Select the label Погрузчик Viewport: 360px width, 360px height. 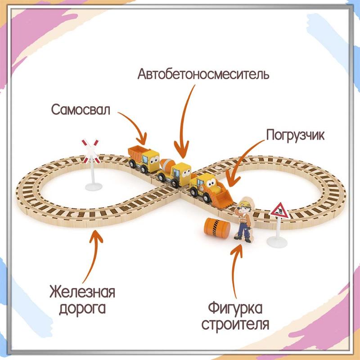295,135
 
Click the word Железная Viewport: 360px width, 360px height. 82,292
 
